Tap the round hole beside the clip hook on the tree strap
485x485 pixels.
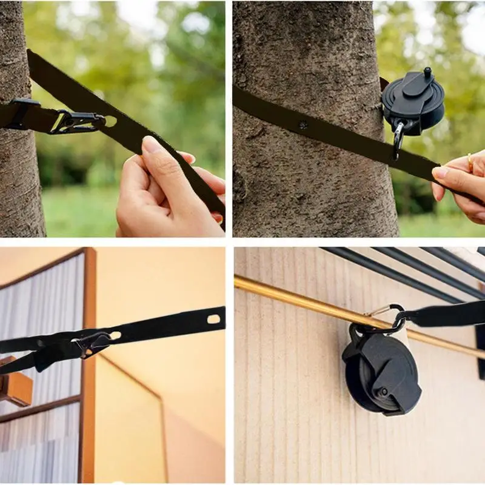coord(110,121)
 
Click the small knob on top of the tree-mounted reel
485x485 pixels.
coord(427,73)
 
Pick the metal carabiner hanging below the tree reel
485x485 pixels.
coord(398,138)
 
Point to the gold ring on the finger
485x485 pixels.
coord(470,162)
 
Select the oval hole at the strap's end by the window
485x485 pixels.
coord(213,319)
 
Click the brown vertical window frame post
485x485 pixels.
coord(89,364)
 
